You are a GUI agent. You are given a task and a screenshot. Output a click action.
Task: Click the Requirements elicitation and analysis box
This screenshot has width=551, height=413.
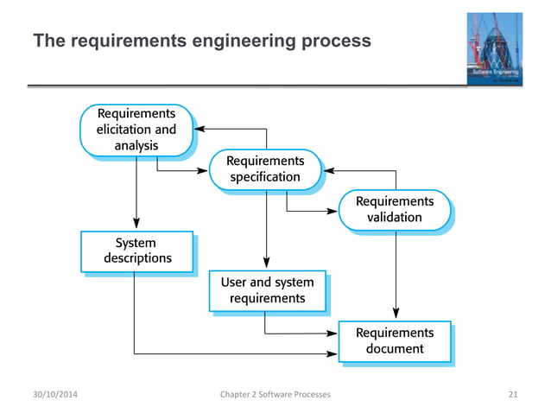pyautogui.click(x=136, y=130)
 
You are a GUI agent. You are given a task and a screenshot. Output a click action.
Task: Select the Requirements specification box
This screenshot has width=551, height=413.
pyautogui.click(x=264, y=169)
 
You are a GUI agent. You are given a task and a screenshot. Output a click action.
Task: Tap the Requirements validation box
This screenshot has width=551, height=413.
pyautogui.click(x=395, y=210)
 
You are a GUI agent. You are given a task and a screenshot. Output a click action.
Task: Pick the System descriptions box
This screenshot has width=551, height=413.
pyautogui.click(x=136, y=251)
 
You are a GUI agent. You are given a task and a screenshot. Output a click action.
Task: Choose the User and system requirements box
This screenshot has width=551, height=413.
pyautogui.click(x=267, y=290)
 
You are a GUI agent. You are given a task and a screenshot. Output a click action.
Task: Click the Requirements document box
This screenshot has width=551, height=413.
pyautogui.click(x=395, y=340)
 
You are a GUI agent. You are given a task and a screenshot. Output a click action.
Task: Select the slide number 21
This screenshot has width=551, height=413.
pyautogui.click(x=513, y=395)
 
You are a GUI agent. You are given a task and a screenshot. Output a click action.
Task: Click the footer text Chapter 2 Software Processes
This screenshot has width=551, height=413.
pyautogui.click(x=275, y=395)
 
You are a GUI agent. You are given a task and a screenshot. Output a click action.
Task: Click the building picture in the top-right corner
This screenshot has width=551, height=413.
pyautogui.click(x=495, y=49)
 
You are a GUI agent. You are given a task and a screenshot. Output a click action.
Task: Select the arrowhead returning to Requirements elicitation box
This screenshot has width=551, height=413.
pyautogui.click(x=198, y=130)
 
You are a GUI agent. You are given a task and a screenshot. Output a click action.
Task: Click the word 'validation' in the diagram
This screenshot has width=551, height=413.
pyautogui.click(x=395, y=218)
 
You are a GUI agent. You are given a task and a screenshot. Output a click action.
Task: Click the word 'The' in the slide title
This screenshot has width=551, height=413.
pyautogui.click(x=46, y=41)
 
